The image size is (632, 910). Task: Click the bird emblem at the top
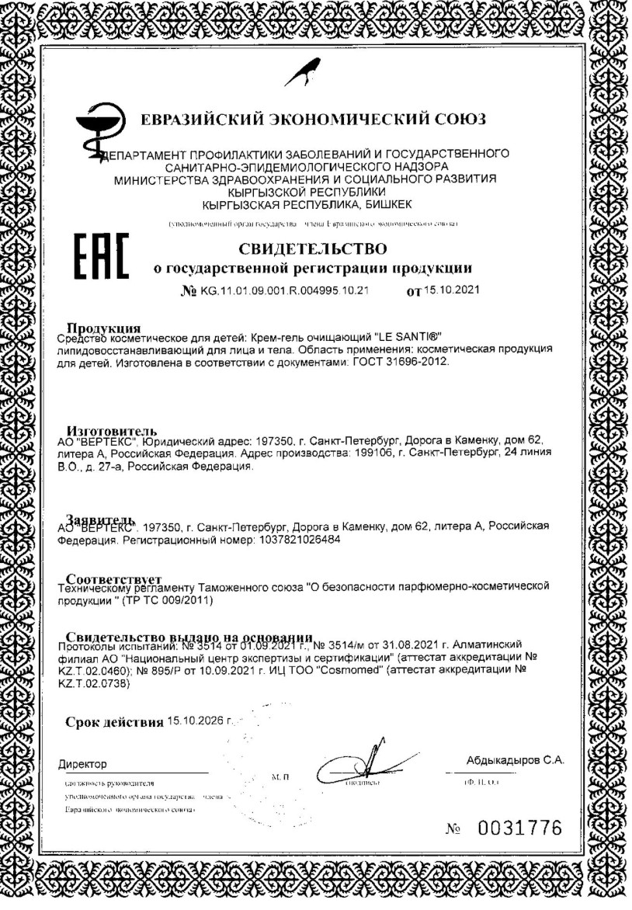pos(303,74)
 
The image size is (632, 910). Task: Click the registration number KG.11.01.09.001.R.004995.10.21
pos(284,290)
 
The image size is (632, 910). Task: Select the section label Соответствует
pos(113,579)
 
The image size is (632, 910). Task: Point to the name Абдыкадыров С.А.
pos(515,759)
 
